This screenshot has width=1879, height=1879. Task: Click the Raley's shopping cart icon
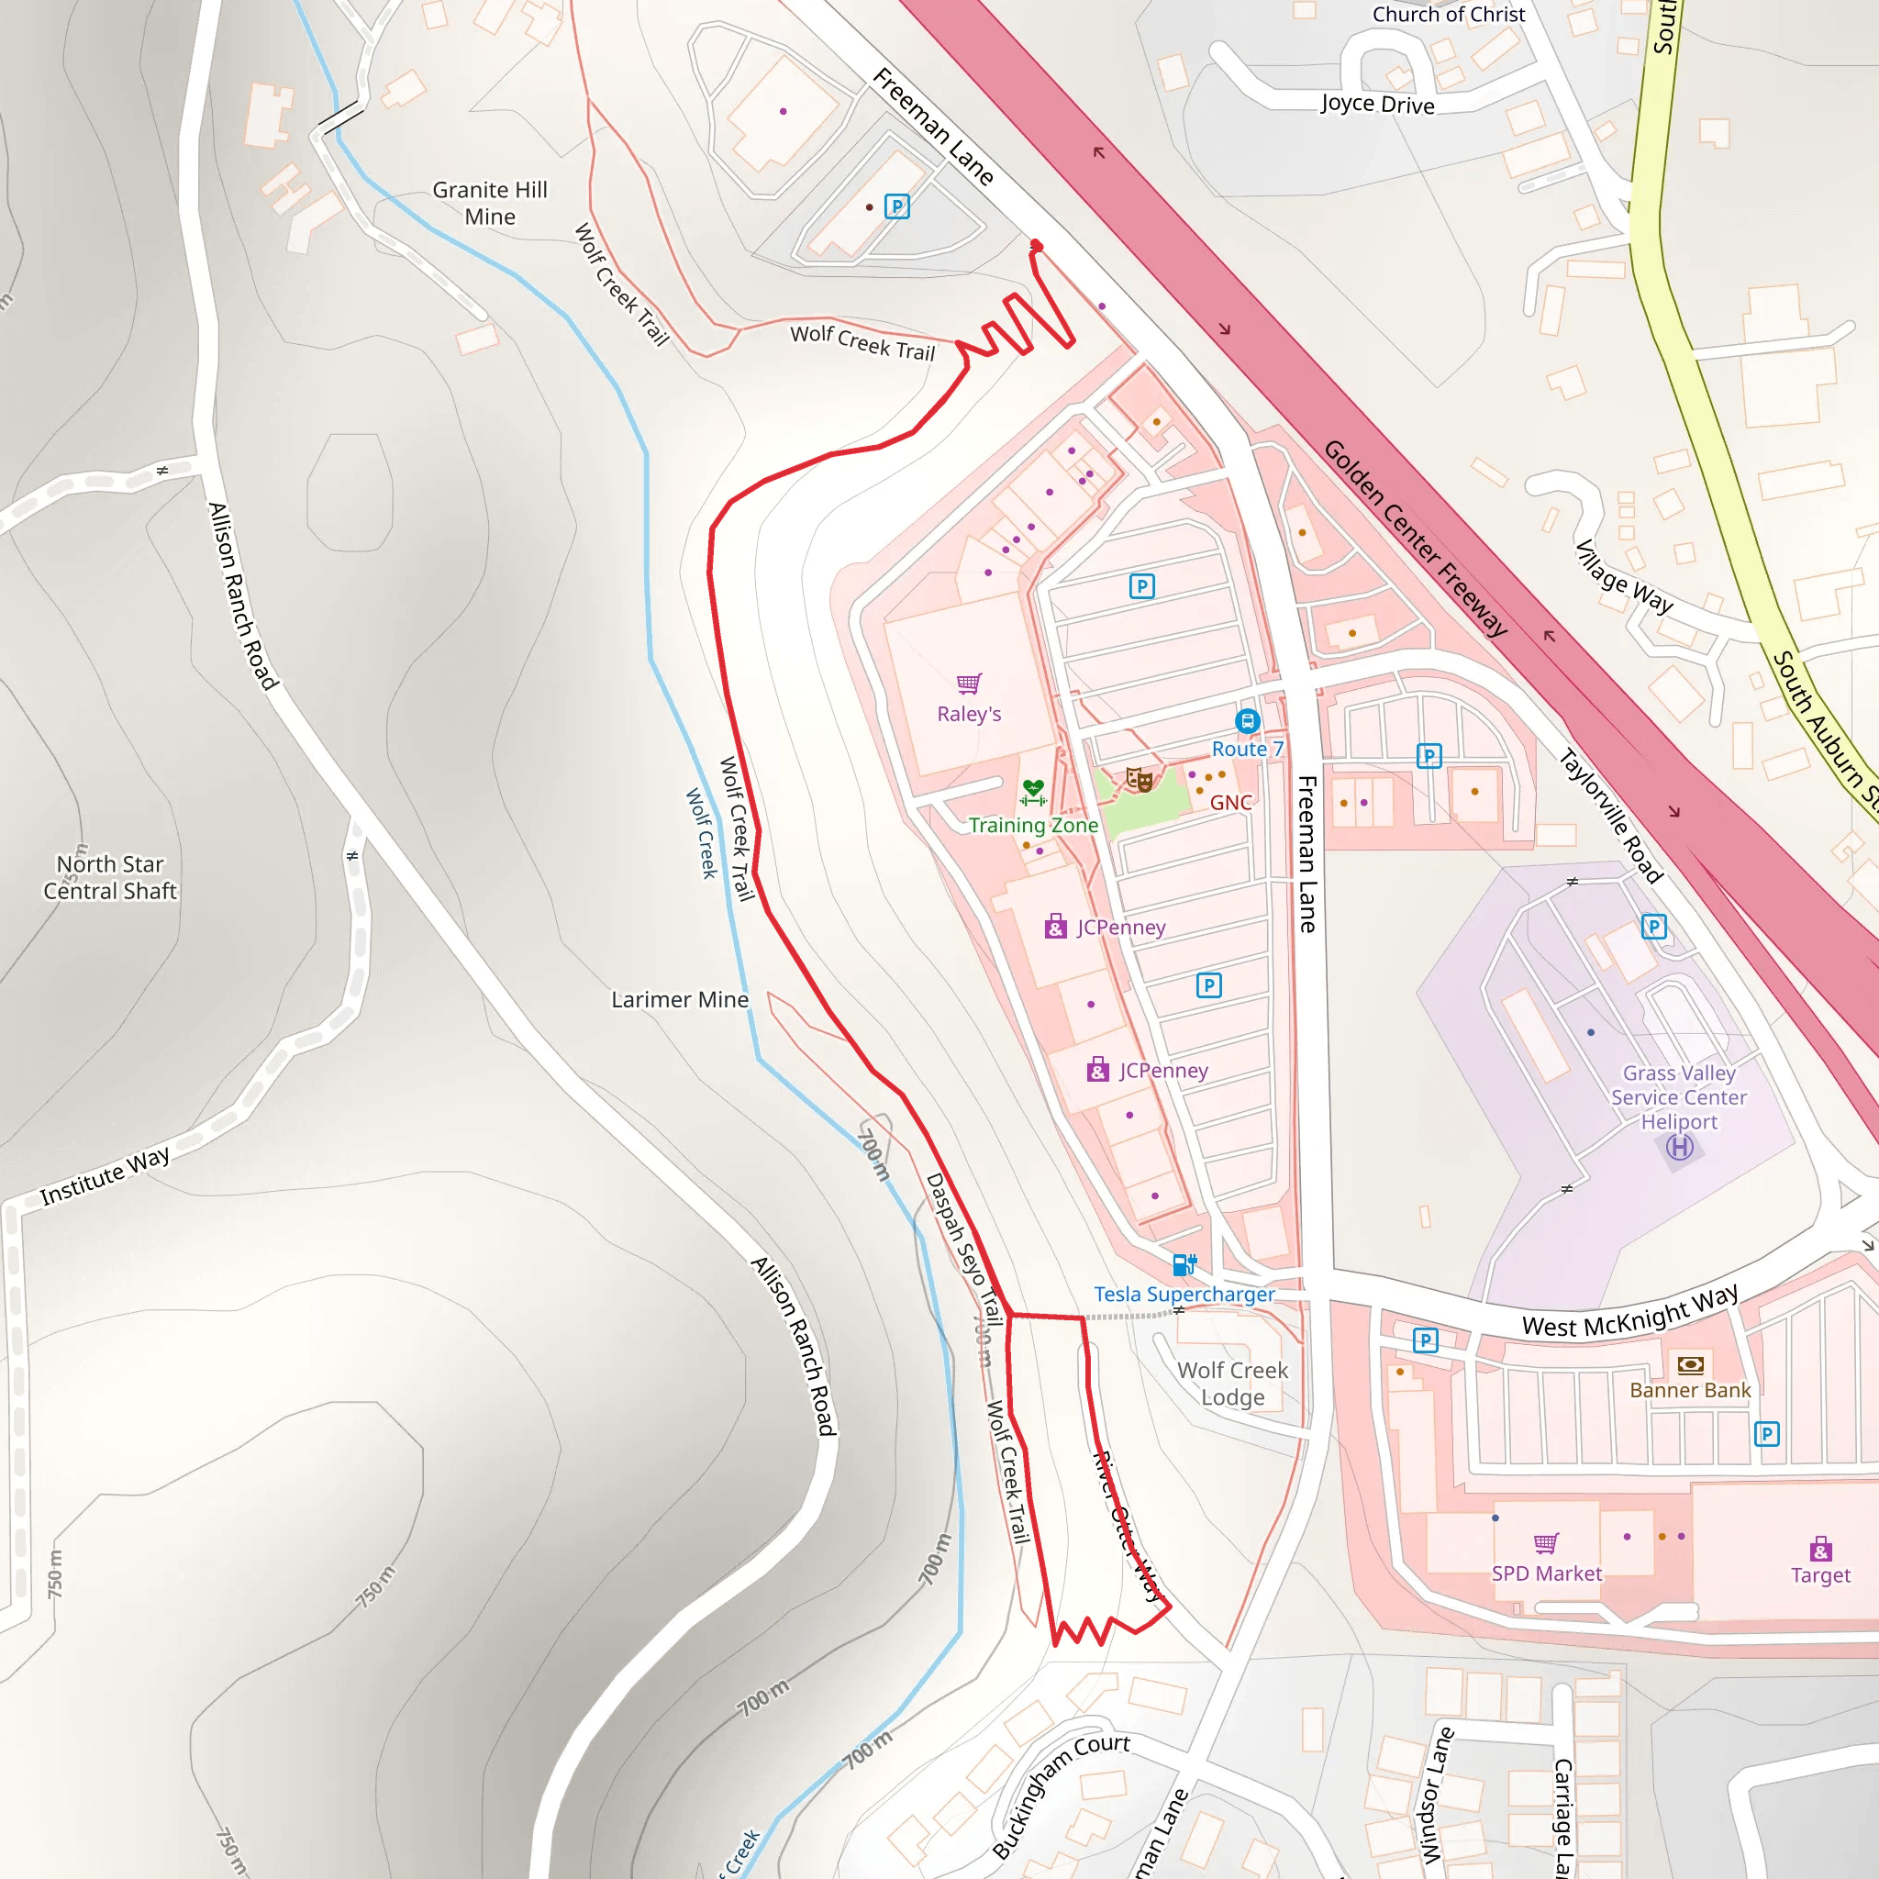pos(969,684)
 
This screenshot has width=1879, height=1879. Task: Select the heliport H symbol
pos(1680,1148)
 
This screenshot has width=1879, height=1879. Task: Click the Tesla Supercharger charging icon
pos(1184,1264)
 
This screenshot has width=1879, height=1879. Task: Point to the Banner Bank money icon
pos(1690,1364)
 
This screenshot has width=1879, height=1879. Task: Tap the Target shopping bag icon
pos(1820,1549)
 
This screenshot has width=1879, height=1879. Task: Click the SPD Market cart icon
pos(1546,1543)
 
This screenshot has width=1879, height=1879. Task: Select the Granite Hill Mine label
pos(490,204)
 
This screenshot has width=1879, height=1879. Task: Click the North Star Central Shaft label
pos(110,877)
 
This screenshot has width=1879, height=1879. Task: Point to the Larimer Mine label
pos(680,1000)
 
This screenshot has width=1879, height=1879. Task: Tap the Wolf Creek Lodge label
pos(1232,1383)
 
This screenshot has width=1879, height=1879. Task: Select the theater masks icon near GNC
pos(1139,779)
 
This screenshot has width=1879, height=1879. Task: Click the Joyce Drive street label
pos(1377,104)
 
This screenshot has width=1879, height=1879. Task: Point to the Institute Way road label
pos(105,1177)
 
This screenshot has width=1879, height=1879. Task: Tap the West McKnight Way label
pos(1630,1312)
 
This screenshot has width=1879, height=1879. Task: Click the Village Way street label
pos(1623,577)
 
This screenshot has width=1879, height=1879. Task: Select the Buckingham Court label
pos(1060,1796)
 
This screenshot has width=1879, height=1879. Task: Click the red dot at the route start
pos(1037,247)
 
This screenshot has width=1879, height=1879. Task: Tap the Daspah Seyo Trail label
pos(962,1249)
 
